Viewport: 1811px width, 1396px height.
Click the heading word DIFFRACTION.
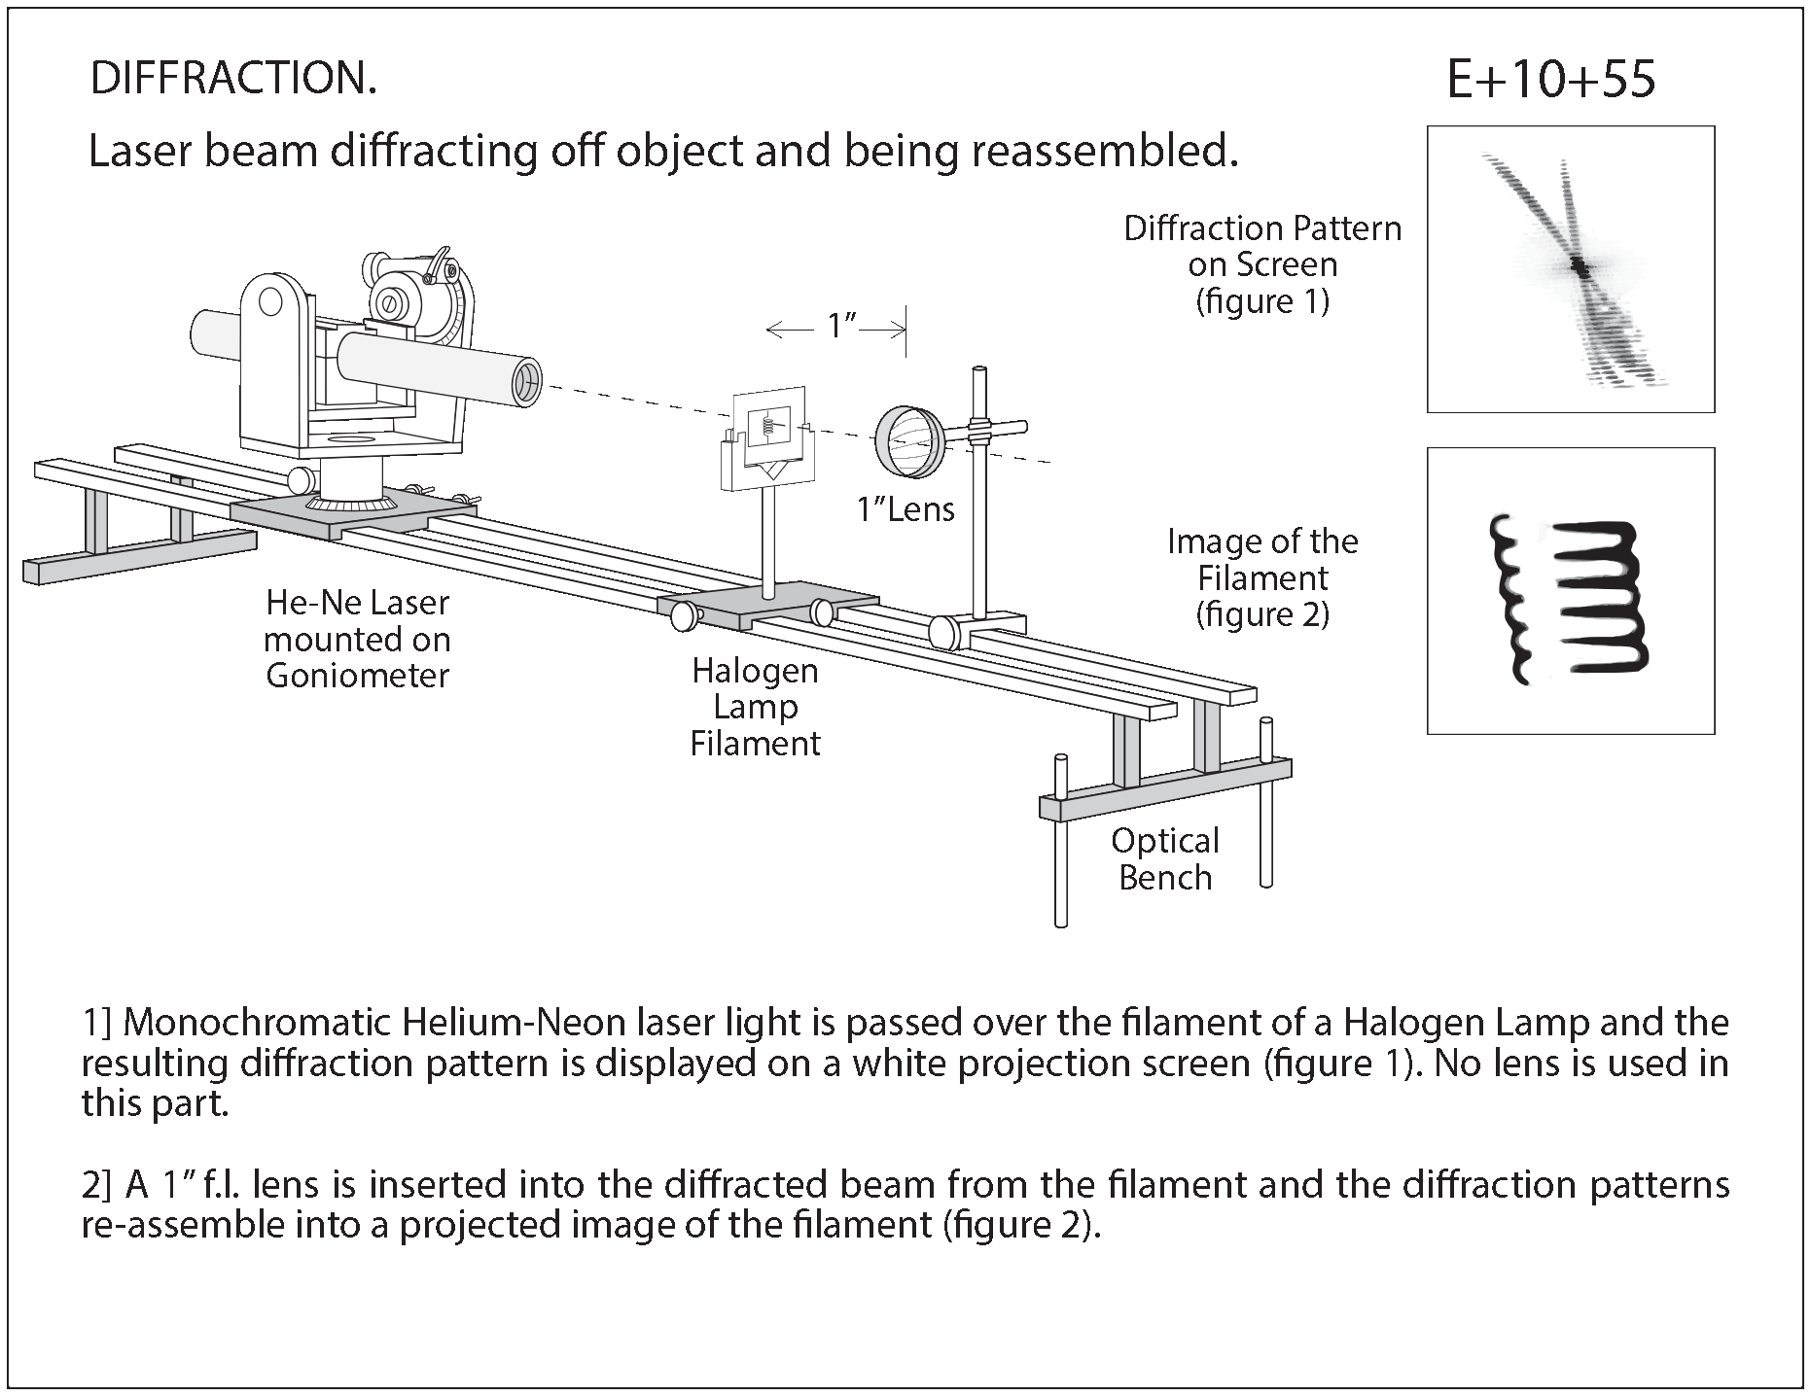[x=232, y=79]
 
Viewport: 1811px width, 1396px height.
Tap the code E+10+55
[x=1550, y=80]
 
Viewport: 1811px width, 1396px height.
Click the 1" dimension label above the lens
[x=838, y=328]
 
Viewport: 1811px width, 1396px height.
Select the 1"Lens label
[x=905, y=509]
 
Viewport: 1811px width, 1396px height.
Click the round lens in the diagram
[x=910, y=442]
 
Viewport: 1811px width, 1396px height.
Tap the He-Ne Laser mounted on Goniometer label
[x=357, y=639]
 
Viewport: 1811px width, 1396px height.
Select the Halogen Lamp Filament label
[x=755, y=707]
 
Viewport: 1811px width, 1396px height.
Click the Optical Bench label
[x=1164, y=858]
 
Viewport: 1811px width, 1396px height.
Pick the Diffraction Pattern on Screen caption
[x=1261, y=264]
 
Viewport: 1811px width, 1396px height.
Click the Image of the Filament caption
[x=1261, y=577]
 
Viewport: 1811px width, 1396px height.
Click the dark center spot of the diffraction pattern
[x=1580, y=268]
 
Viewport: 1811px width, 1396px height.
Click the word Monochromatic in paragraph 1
[x=258, y=1023]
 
